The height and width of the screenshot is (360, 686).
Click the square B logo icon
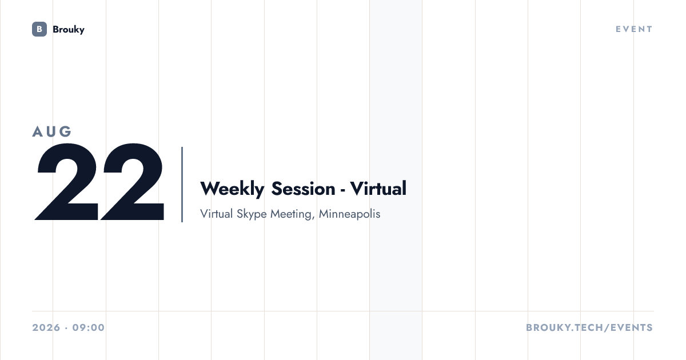(39, 29)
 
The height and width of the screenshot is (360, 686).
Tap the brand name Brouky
(69, 30)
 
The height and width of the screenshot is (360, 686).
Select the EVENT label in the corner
(634, 29)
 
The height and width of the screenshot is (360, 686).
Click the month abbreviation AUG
(52, 131)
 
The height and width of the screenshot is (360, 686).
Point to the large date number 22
(99, 182)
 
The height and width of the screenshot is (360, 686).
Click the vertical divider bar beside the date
(182, 184)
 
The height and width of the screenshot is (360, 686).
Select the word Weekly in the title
(232, 189)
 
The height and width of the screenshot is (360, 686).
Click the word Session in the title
(303, 189)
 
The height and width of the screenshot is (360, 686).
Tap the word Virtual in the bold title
(378, 188)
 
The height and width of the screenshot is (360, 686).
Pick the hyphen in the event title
(342, 191)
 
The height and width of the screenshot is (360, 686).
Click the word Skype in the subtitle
(252, 214)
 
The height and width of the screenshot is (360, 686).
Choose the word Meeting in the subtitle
(291, 214)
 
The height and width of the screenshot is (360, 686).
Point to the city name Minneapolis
(349, 214)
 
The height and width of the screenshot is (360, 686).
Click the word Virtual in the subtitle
(217, 214)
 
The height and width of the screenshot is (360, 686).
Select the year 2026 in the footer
(46, 327)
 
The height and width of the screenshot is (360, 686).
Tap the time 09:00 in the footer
(89, 327)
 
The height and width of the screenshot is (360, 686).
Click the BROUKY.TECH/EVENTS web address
(589, 327)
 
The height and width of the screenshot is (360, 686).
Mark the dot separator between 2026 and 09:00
(66, 328)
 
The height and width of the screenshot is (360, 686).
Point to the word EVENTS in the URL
(632, 327)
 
